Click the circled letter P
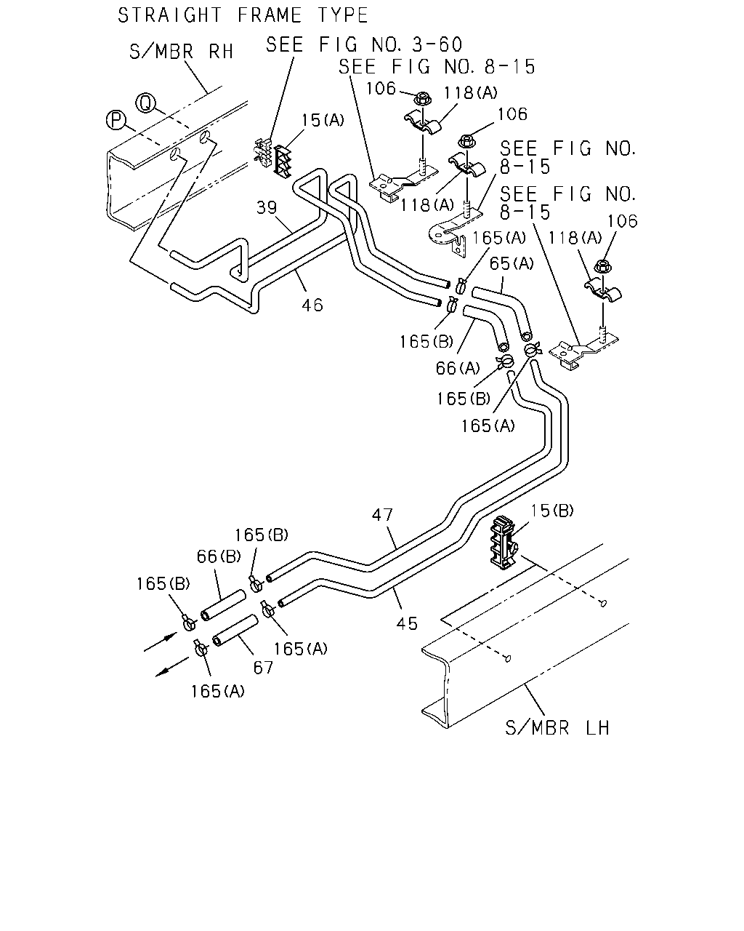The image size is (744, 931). click(116, 120)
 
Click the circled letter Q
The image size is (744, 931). click(146, 103)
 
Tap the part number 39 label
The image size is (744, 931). click(267, 208)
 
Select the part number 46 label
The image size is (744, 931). click(312, 305)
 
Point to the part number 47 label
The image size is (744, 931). click(382, 515)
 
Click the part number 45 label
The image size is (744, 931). click(407, 623)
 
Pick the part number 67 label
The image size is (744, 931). click(263, 668)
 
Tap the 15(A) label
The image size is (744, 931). click(323, 120)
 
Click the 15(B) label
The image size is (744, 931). click(552, 511)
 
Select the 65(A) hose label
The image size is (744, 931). click(511, 263)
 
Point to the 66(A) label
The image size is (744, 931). click(458, 368)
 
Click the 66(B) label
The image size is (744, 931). click(219, 556)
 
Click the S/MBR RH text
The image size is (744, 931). click(182, 52)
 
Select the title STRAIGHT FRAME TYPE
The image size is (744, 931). click(243, 15)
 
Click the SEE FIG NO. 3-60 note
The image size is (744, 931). click(364, 44)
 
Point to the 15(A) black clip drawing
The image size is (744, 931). click(283, 161)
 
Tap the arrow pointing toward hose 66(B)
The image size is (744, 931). click(161, 642)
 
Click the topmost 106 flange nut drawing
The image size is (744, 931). click(422, 100)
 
